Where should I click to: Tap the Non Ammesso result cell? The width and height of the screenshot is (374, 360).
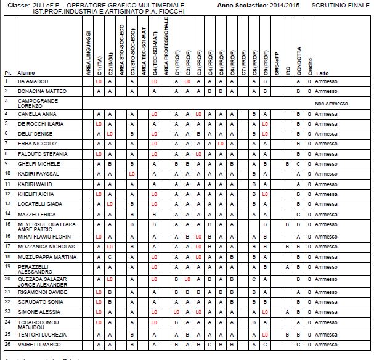pyautogui.click(x=331, y=104)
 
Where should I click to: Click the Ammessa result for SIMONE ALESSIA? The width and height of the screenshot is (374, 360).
pyautogui.click(x=326, y=312)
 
